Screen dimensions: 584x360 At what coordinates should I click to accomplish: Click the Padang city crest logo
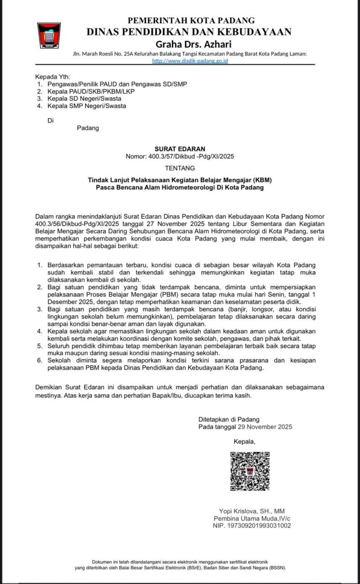pyautogui.click(x=49, y=36)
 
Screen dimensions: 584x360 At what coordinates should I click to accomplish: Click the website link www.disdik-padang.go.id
pyautogui.click(x=190, y=61)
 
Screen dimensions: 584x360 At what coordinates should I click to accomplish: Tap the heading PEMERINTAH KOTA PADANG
pyautogui.click(x=191, y=21)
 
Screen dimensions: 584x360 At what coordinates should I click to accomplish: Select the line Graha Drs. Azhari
pyautogui.click(x=193, y=44)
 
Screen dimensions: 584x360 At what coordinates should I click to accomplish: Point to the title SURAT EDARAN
pyautogui.click(x=180, y=149)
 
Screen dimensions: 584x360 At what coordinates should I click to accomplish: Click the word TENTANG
pyautogui.click(x=180, y=168)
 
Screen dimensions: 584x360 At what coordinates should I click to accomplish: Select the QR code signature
pyautogui.click(x=250, y=471)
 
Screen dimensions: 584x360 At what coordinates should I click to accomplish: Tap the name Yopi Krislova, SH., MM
pyautogui.click(x=251, y=511)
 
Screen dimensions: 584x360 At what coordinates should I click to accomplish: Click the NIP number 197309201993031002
pyautogui.click(x=252, y=526)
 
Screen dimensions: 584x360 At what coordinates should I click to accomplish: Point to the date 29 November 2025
pyautogui.click(x=265, y=427)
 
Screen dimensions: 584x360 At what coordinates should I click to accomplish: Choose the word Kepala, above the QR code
pyautogui.click(x=245, y=441)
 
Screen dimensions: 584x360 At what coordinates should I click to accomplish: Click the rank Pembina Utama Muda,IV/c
pyautogui.click(x=252, y=518)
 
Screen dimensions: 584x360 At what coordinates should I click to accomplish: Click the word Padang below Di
pyautogui.click(x=88, y=128)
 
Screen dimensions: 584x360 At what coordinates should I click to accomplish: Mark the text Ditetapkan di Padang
pyautogui.click(x=229, y=419)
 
